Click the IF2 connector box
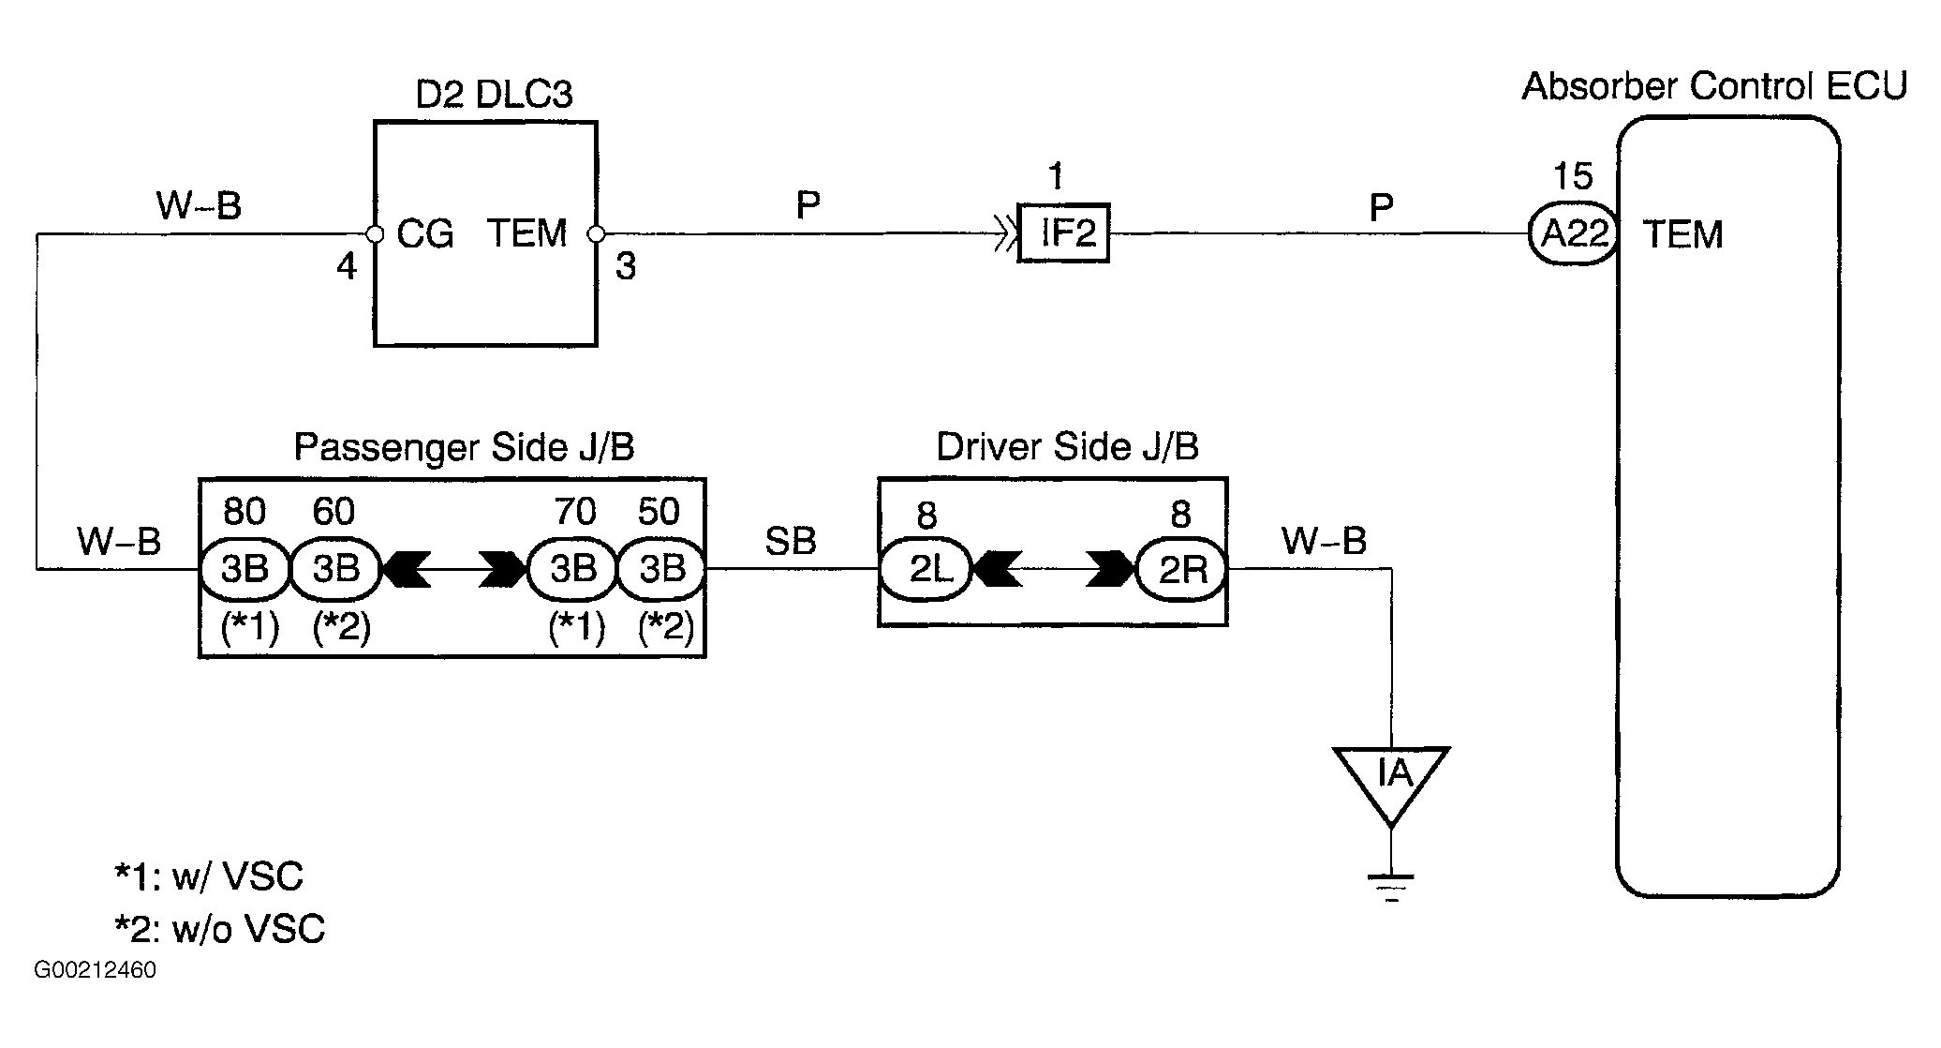pos(1063,232)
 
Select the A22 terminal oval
pos(1574,233)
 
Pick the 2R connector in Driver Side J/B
pos(1182,568)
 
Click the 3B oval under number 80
pos(245,568)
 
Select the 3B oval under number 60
pos(334,568)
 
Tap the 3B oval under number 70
pos(572,568)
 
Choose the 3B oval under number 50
pos(661,568)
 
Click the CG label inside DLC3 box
pos(425,233)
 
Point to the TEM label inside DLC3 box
pos(526,233)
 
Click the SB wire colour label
pos(791,541)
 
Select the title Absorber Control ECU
pos(1714,86)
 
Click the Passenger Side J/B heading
pos(464,447)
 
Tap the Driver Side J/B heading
pos(1067,447)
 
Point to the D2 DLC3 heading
pos(494,94)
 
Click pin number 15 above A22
pos(1573,176)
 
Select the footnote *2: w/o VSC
pos(219,929)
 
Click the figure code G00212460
pos(96,970)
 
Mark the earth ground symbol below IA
pos(1392,887)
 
